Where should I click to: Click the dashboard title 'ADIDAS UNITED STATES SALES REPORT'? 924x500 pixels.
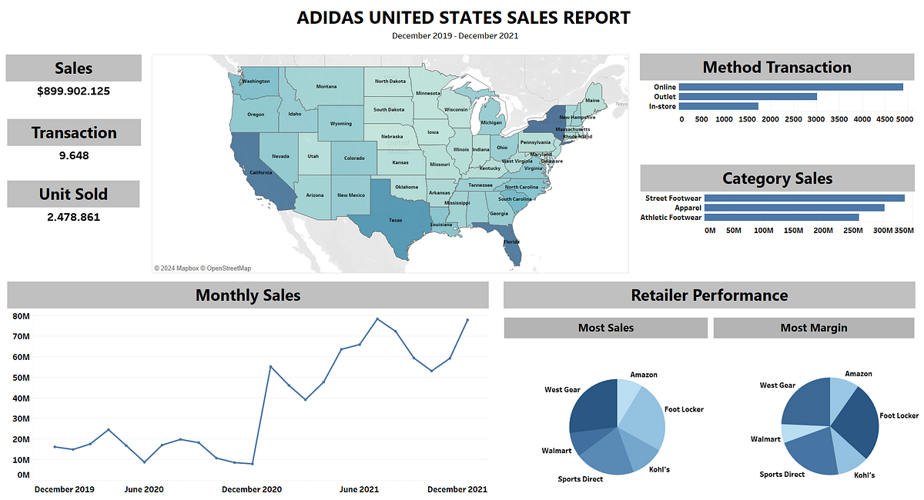click(x=463, y=18)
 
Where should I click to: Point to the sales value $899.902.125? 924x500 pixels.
click(x=74, y=92)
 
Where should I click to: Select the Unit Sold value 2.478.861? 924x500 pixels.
click(x=74, y=218)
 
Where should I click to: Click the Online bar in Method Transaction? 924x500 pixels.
click(x=792, y=87)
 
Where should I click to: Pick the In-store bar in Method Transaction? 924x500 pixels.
click(x=719, y=106)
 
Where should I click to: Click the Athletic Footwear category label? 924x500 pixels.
click(x=671, y=218)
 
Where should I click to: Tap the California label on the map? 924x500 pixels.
click(x=260, y=173)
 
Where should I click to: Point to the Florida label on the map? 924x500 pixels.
click(x=511, y=242)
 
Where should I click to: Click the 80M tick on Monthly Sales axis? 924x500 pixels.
click(x=21, y=316)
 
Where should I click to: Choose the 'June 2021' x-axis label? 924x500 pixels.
click(x=359, y=489)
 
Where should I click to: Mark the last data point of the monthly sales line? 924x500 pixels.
click(x=467, y=320)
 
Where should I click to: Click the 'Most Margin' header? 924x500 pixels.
click(x=814, y=328)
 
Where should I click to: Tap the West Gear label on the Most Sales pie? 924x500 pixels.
click(x=562, y=390)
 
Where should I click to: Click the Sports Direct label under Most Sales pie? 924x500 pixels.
click(x=581, y=479)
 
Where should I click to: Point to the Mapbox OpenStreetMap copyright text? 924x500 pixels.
click(x=203, y=268)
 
